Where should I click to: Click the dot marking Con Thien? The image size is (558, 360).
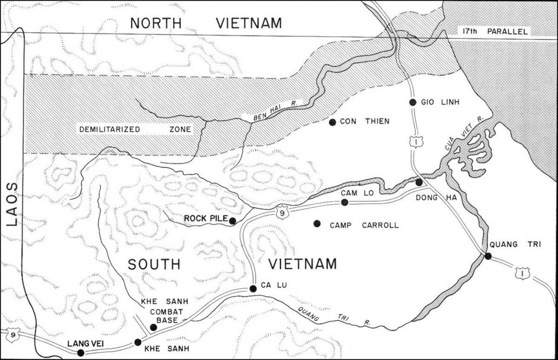click(332, 122)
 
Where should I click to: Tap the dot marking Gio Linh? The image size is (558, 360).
click(412, 102)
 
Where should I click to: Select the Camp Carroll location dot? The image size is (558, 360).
click(317, 224)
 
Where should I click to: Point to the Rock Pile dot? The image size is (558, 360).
click(232, 221)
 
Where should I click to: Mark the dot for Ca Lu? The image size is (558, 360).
click(253, 289)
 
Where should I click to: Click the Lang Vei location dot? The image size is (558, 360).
click(81, 353)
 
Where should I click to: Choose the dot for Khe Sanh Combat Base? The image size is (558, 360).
click(153, 327)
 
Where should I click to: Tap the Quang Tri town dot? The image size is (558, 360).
click(487, 256)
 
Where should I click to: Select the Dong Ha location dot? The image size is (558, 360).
click(419, 182)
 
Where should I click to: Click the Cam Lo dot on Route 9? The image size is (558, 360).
click(345, 202)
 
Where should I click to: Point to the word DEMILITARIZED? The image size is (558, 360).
click(109, 130)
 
